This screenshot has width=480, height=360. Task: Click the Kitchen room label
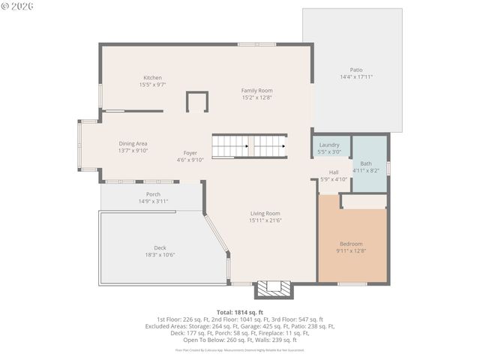[152, 78]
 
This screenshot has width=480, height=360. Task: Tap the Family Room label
[256, 90]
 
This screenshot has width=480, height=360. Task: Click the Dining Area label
[133, 143]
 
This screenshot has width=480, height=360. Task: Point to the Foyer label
[190, 153]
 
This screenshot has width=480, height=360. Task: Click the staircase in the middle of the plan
[249, 146]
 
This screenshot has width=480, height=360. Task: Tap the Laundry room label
[329, 145]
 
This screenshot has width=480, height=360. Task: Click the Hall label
[334, 172]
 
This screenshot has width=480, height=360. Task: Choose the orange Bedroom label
[351, 244]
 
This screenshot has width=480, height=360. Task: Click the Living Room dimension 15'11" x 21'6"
[265, 220]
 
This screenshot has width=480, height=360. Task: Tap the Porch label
[153, 194]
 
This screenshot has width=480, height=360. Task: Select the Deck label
[160, 247]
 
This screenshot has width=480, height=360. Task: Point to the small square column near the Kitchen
[196, 102]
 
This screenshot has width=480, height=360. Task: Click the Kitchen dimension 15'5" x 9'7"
[152, 85]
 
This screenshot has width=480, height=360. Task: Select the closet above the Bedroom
[364, 201]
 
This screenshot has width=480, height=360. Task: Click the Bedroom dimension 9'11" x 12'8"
[351, 251]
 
